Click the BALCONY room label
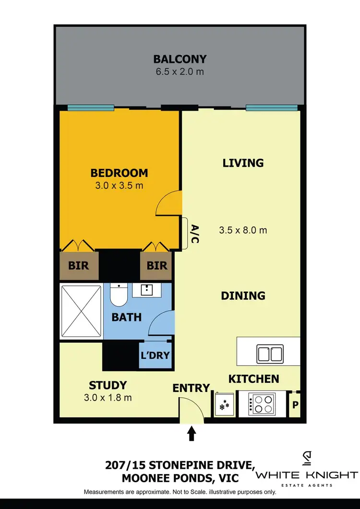coord(180,59)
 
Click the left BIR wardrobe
coord(79,265)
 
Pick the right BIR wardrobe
coord(156,265)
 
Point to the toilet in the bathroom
coord(118,295)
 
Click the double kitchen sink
coord(269,354)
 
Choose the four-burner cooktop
coord(262,403)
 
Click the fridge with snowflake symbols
coord(224,403)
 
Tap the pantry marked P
coord(295,404)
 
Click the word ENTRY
coord(192,388)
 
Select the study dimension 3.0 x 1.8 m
coord(108,397)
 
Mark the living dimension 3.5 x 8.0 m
coord(243,230)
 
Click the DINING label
coord(243,296)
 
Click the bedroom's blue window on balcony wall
coord(91,107)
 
